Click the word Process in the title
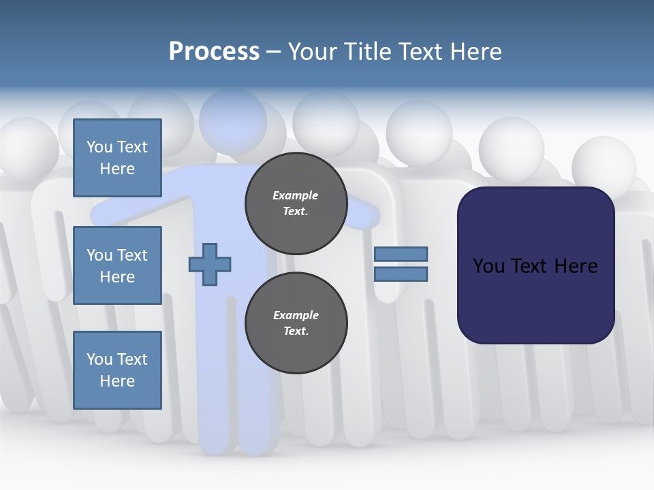(x=214, y=51)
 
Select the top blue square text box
(x=117, y=158)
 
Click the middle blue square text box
(x=117, y=265)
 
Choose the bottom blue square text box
(x=117, y=370)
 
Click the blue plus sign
(x=210, y=264)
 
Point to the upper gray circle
(x=296, y=203)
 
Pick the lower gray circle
(x=296, y=323)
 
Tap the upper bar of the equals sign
(x=401, y=254)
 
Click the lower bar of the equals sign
(x=401, y=274)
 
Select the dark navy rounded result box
(x=535, y=265)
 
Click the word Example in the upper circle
(x=295, y=195)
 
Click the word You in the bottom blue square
(x=99, y=359)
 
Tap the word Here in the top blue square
(x=117, y=169)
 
